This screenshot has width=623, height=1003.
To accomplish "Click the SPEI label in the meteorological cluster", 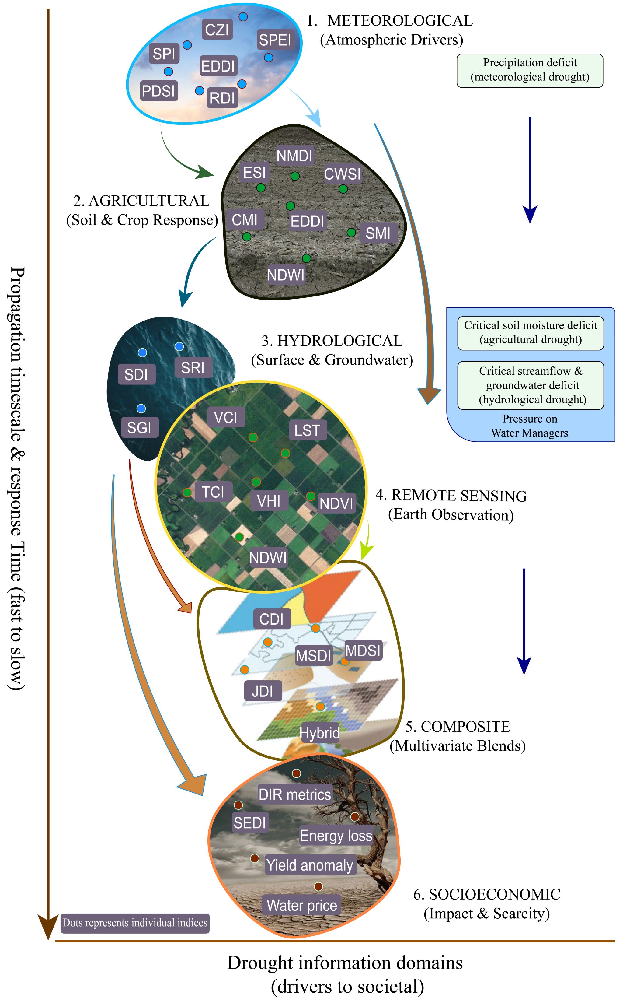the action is coord(275,40).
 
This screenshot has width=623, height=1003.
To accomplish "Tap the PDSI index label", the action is coord(158,91).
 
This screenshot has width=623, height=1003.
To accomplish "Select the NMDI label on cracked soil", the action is coord(294,156).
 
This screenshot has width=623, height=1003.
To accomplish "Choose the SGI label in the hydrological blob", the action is coord(139,427).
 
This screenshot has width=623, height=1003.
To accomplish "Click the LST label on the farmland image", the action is coord(307,430).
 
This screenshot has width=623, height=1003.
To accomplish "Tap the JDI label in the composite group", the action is coord(263,691).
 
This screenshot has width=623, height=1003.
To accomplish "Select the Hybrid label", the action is coord(320,733).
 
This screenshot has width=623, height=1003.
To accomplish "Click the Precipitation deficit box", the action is coord(530,71).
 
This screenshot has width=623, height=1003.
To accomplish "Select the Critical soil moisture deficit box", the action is coord(531,333).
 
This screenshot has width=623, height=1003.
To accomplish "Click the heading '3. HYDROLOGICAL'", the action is coord(332,341).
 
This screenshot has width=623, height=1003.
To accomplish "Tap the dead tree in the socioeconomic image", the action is coord(371,829).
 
